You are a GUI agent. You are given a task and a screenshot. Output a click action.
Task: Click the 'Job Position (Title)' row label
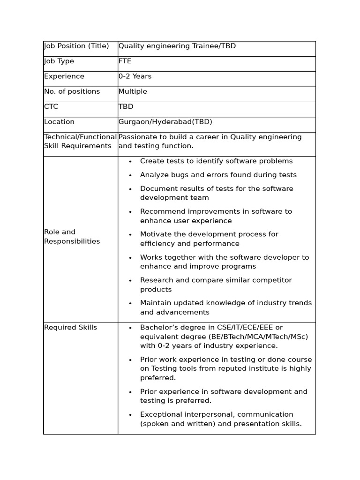coord(76,46)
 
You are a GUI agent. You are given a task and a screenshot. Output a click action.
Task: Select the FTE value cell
coord(125,61)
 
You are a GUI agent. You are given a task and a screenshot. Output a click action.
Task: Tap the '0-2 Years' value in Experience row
coord(135,76)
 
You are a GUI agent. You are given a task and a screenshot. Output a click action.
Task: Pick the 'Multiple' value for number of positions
coord(133,91)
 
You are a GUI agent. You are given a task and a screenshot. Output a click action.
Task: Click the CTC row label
coord(51,107)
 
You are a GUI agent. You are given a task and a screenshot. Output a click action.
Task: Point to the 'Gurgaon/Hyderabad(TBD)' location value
coord(165,122)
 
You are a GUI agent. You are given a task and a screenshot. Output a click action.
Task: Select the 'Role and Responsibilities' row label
coord(72,237)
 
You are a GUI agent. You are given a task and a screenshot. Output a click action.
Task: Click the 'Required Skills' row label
coord(70,328)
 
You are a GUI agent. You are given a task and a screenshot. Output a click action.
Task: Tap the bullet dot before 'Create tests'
coord(130,162)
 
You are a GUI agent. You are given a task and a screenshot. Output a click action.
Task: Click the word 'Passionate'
coord(137,137)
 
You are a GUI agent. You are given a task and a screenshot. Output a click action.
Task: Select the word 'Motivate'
coord(156,234)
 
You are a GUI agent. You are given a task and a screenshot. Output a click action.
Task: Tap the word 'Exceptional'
coord(160,414)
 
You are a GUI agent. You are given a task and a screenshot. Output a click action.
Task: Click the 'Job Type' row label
coord(59,61)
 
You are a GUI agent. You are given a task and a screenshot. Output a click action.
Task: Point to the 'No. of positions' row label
coord(72,91)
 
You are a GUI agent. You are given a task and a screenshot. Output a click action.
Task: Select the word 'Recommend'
coord(160,211)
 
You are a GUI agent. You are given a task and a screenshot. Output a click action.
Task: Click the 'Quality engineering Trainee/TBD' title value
coord(177,46)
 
